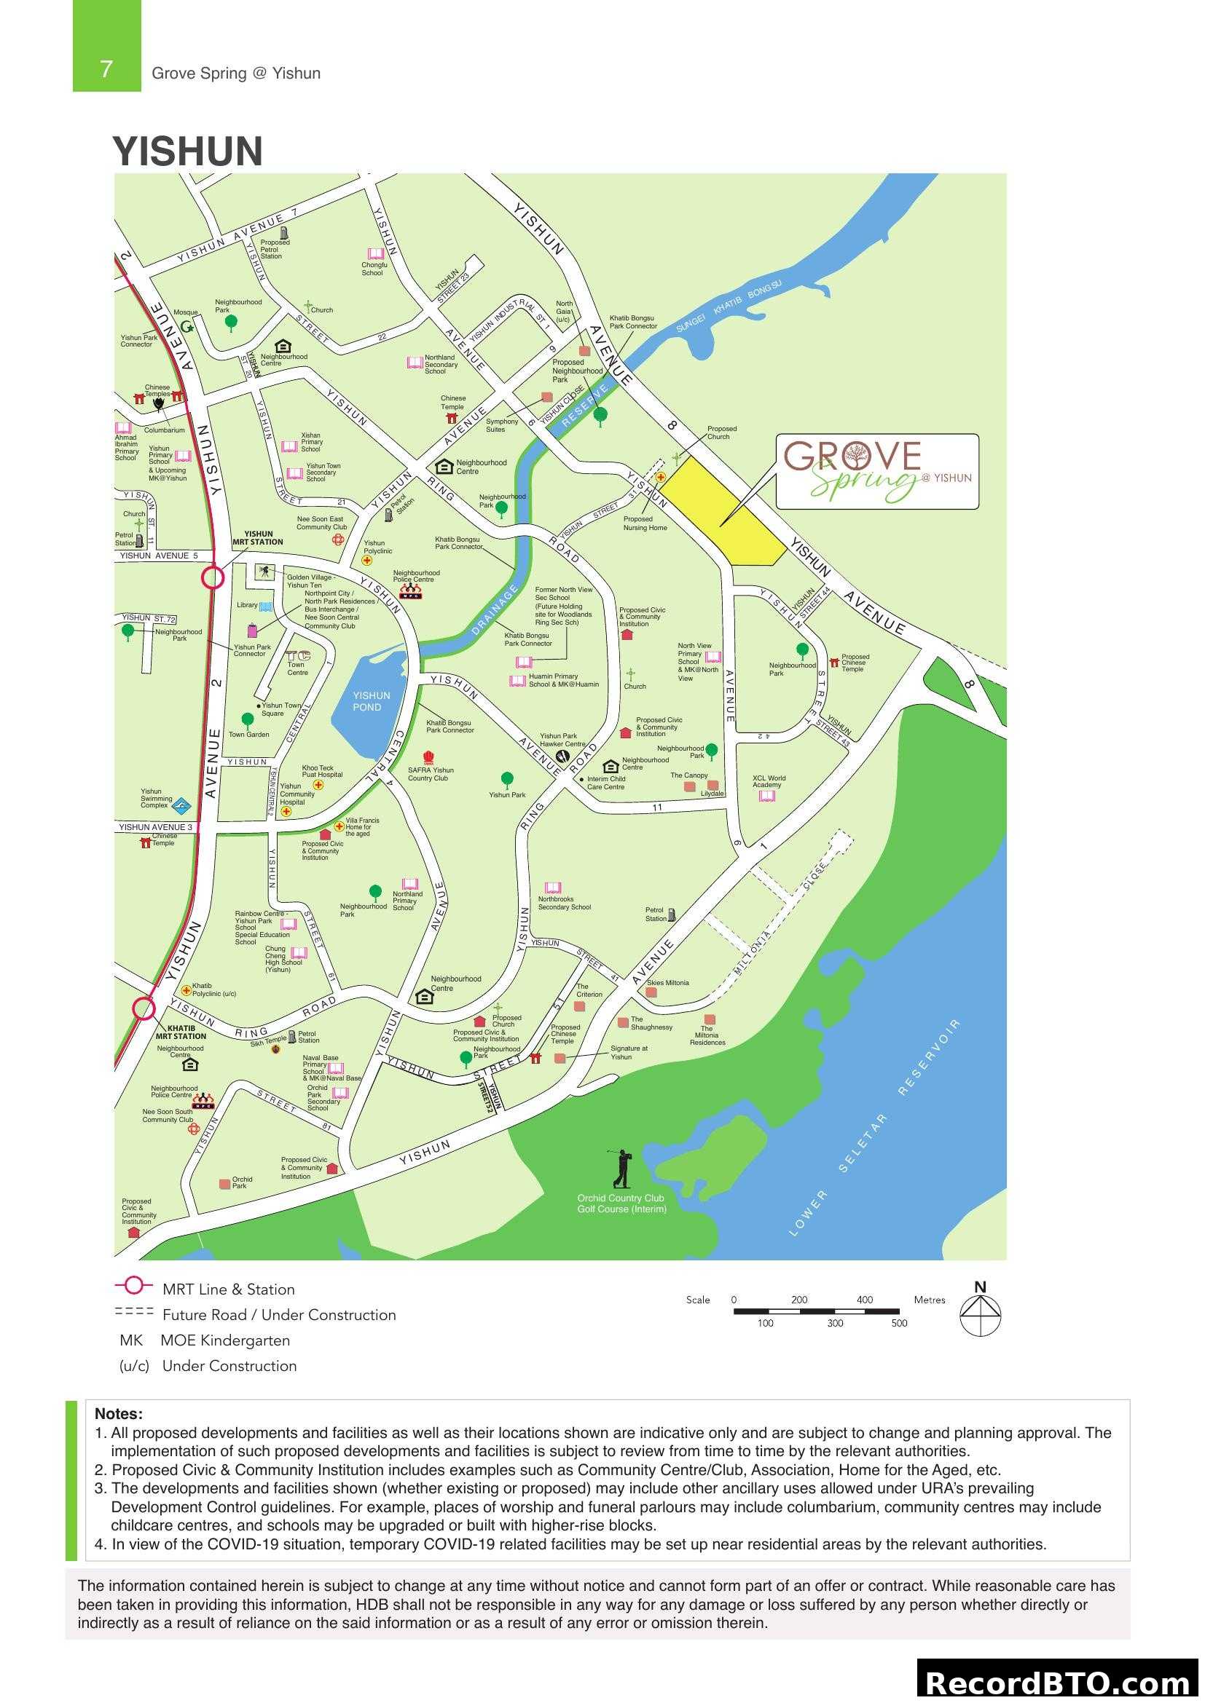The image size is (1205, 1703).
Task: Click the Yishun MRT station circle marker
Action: coord(212,577)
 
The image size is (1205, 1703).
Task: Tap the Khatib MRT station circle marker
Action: coord(144,1008)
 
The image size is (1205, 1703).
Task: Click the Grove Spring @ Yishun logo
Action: coord(877,471)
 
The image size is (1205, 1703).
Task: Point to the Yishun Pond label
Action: coord(371,701)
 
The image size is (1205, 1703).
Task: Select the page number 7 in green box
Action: coord(106,69)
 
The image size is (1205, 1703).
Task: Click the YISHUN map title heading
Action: coord(188,151)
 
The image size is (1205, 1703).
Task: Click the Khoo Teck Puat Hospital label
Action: coord(322,771)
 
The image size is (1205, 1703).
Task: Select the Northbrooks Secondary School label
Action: coord(564,903)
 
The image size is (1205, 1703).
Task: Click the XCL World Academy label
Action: coord(769,781)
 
